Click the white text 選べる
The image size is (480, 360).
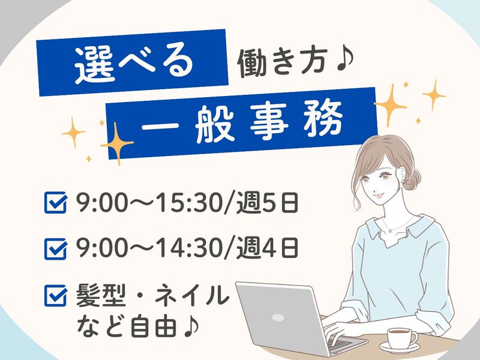point(134,64)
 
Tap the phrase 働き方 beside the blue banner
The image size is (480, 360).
point(281,62)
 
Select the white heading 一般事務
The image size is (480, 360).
point(242,123)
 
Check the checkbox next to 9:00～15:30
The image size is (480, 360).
point(55,202)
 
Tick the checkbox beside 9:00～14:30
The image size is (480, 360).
point(55,249)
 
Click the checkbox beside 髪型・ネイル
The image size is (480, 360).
point(55,295)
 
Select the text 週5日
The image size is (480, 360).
point(267,202)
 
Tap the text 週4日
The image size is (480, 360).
point(267,249)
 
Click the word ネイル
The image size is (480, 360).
point(192,295)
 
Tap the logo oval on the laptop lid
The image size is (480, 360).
point(278,317)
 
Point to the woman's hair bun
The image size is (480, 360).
point(412,179)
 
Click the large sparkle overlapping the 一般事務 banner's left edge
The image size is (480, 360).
point(116,143)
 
